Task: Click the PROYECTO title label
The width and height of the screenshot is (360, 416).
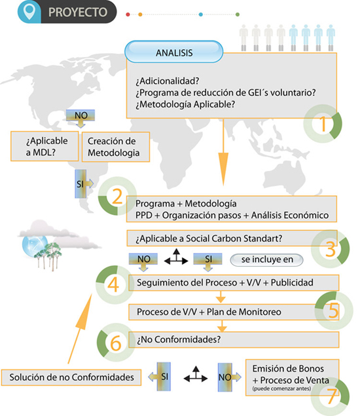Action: (78, 12)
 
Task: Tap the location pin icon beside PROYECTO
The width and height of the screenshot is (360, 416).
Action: (29, 11)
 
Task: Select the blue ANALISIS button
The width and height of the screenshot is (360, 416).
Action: (174, 52)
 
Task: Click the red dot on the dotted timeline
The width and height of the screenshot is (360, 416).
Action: (128, 14)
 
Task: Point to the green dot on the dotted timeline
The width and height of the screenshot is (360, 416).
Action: (238, 14)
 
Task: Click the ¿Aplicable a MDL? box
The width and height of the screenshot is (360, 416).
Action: (45, 146)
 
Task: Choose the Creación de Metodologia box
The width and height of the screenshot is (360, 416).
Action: (116, 147)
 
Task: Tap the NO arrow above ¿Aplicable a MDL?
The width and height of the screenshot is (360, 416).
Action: (81, 119)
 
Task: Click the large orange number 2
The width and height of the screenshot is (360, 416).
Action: (117, 197)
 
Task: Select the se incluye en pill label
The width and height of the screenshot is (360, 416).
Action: (266, 259)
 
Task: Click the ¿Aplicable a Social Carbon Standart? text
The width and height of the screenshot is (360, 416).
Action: (209, 238)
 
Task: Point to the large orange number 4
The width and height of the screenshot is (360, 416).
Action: (113, 285)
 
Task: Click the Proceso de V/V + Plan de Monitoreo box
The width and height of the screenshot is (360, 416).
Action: (234, 312)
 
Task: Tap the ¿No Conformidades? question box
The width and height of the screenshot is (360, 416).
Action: (234, 339)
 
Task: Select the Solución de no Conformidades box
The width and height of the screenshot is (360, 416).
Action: (71, 377)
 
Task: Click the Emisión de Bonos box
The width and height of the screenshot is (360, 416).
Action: (292, 377)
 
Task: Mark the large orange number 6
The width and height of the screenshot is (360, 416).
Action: (115, 343)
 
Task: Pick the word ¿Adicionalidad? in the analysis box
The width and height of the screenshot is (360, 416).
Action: (168, 81)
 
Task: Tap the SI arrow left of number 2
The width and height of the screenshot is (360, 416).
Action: (84, 183)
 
